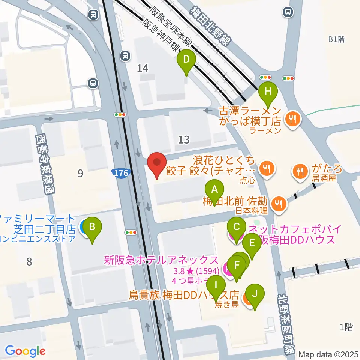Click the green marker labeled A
[x=214, y=191]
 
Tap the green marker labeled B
[x=93, y=228]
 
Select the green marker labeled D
[x=186, y=60]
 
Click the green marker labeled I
[x=216, y=286]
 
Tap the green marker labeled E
[x=252, y=244]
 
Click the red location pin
[x=157, y=164]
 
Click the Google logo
[x=25, y=351]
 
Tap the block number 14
[x=142, y=68]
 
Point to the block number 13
[x=184, y=140]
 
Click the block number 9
[x=80, y=173]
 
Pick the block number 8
[x=29, y=261]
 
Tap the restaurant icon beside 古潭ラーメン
[x=292, y=120]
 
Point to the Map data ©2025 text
[x=328, y=354]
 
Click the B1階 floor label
[x=336, y=39]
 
